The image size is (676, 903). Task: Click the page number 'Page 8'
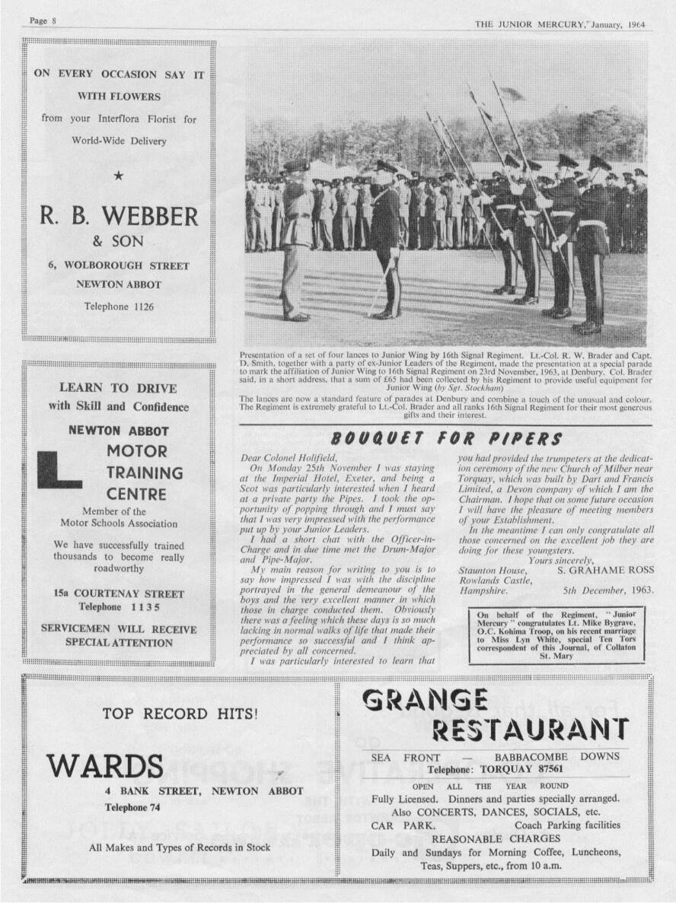click(x=43, y=21)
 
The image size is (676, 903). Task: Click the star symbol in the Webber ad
click(x=118, y=177)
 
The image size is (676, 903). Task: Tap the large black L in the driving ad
click(x=59, y=469)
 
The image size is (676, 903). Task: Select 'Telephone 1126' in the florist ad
click(x=118, y=307)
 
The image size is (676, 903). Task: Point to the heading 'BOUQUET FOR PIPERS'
click(x=447, y=439)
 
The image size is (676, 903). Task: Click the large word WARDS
click(x=105, y=765)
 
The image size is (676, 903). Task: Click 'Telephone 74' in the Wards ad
click(x=132, y=807)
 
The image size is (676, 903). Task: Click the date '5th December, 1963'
click(x=608, y=590)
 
